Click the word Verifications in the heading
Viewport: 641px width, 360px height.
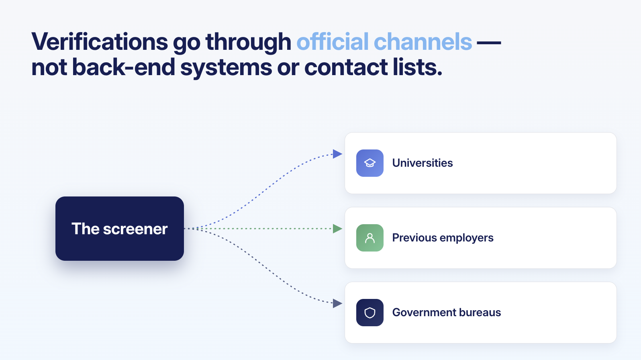(x=100, y=42)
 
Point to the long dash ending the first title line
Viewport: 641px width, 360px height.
(x=489, y=42)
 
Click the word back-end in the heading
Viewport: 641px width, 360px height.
(x=124, y=67)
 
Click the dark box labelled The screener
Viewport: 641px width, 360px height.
(x=120, y=229)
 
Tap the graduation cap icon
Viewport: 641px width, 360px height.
(x=370, y=163)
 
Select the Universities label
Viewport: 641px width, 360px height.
(x=423, y=163)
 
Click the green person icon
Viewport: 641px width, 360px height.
(x=370, y=238)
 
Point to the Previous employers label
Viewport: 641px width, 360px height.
(x=443, y=238)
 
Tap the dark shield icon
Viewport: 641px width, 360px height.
(x=370, y=313)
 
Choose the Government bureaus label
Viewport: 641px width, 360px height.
(x=447, y=313)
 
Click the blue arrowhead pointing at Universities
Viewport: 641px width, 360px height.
(x=337, y=154)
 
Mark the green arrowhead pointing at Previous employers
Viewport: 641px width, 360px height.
(x=337, y=229)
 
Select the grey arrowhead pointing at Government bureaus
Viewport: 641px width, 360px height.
(x=337, y=303)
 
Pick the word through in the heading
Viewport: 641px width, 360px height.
(x=248, y=42)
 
